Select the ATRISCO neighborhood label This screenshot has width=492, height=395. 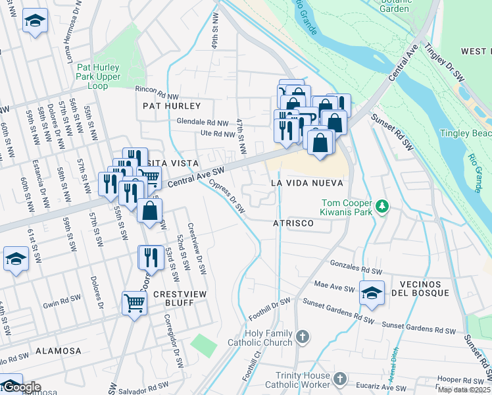coord(293,224)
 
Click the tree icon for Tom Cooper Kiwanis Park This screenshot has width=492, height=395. coord(381,208)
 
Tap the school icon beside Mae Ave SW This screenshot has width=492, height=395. coord(372,292)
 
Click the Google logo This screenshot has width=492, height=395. coord(21,387)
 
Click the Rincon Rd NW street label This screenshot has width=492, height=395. coord(157,89)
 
